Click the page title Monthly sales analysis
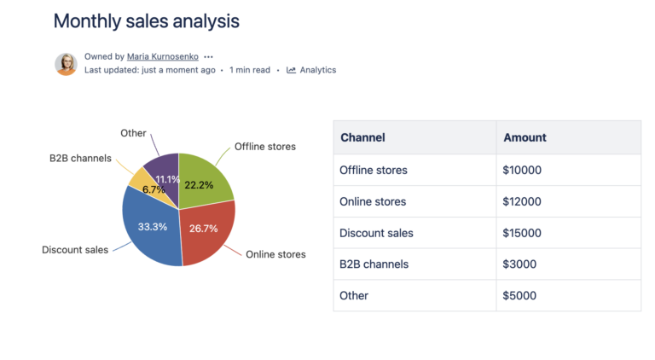[x=146, y=21]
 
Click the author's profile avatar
[x=66, y=64]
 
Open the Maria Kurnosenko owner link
[x=162, y=56]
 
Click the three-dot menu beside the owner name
[x=208, y=56]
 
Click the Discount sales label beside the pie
[x=75, y=250]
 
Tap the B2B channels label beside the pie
[x=80, y=158]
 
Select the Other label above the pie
[x=133, y=133]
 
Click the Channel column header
[x=362, y=137]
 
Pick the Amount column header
[x=525, y=137]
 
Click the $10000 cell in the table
[x=522, y=170]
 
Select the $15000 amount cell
[x=522, y=233]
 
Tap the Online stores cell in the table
[x=373, y=201]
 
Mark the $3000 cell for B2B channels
[x=519, y=264]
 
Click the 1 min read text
[x=250, y=70]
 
